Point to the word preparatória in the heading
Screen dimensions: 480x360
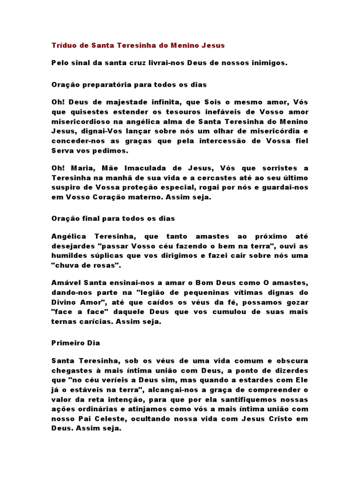[x=103, y=85]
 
